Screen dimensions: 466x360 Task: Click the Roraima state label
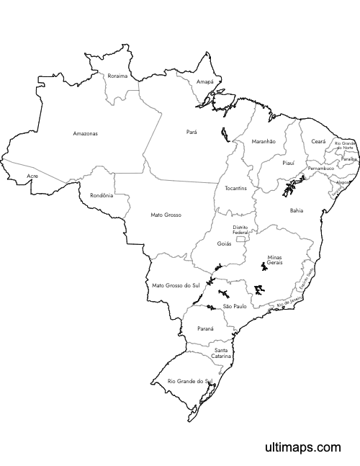(x=117, y=76)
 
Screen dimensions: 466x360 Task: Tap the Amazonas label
(x=85, y=133)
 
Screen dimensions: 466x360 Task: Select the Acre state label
(x=32, y=176)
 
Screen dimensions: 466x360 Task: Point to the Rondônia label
(x=102, y=195)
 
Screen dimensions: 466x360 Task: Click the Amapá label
(x=205, y=82)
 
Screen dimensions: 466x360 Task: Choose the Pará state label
(x=192, y=132)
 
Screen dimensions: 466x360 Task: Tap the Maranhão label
(x=264, y=142)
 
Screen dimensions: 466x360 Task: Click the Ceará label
(x=318, y=142)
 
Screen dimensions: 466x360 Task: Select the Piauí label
(x=288, y=163)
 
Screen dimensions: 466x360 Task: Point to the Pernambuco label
(x=321, y=168)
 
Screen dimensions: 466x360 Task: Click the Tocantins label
(x=236, y=188)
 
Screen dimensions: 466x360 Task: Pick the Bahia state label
(x=297, y=210)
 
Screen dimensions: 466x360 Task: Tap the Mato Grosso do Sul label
(x=176, y=286)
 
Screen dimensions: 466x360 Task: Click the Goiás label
(x=225, y=243)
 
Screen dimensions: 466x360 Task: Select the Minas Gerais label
(x=274, y=260)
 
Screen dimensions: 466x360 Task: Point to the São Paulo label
(x=235, y=306)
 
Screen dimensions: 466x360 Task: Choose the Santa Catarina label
(x=222, y=353)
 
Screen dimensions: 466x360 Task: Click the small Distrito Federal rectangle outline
(x=240, y=237)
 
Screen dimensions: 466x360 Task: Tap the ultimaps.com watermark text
(x=302, y=447)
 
